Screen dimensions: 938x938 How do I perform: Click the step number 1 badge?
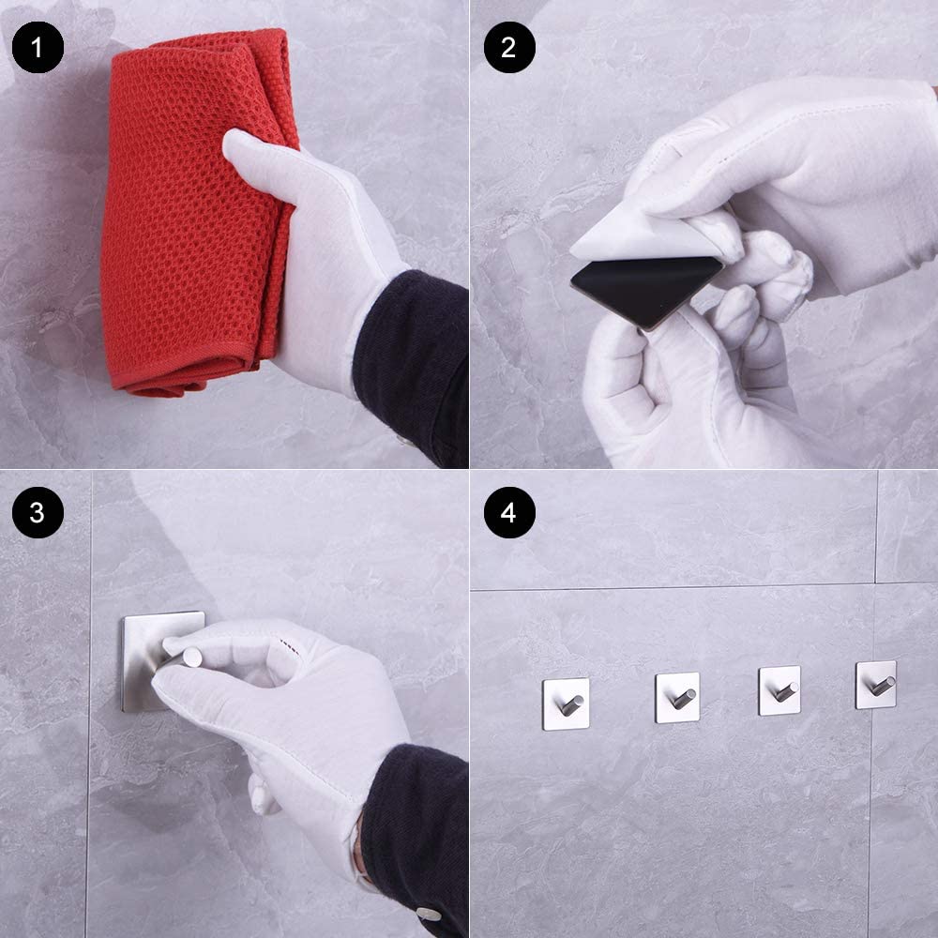[x=38, y=47]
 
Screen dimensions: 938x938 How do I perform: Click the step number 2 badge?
[x=509, y=47]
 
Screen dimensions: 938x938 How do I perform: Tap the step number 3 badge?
[x=38, y=513]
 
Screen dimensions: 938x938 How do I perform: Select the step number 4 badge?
[x=509, y=513]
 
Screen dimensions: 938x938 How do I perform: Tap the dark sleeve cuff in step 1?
[x=413, y=365]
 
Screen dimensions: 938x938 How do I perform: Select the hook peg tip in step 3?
[x=192, y=657]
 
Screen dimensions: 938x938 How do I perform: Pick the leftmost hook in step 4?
[x=566, y=703]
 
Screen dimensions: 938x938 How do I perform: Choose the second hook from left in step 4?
[x=678, y=698]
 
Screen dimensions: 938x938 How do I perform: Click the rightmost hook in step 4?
[x=876, y=685]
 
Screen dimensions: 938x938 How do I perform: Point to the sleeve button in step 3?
[x=429, y=914]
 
